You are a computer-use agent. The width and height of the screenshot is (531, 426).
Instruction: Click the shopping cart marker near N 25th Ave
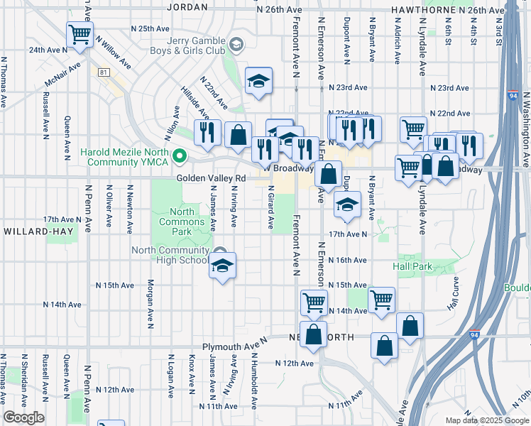[x=80, y=33]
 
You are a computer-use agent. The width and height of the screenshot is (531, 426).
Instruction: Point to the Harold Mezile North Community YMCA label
[x=125, y=157]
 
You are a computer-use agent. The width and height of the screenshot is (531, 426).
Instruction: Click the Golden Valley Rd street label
[x=216, y=179]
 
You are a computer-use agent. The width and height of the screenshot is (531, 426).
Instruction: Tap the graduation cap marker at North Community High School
[x=223, y=267]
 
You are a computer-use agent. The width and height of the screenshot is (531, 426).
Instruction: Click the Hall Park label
[x=412, y=266]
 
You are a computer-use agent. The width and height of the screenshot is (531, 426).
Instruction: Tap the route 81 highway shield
[x=104, y=72]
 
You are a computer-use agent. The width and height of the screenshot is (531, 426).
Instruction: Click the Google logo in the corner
[x=23, y=417]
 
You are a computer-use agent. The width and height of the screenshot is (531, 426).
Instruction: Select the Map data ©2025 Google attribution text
[x=486, y=420]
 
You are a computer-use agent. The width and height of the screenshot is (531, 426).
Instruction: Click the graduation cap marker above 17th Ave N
[x=347, y=206]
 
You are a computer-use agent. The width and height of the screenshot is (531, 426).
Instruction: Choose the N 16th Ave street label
[x=349, y=261]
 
